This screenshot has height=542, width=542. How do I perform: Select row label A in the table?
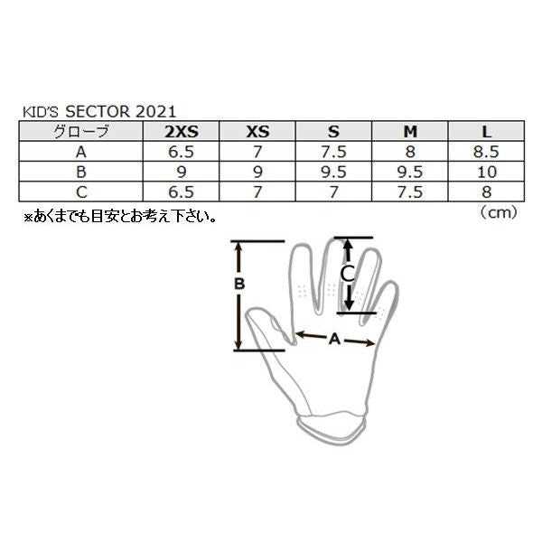pos(82,152)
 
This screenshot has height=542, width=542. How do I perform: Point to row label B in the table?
pos(82,171)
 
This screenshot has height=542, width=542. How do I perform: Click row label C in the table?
pos(82,191)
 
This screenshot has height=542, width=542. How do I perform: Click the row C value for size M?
pos(410,191)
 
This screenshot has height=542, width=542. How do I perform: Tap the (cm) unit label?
pos(495,213)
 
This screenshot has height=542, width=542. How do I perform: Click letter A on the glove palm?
pos(333,340)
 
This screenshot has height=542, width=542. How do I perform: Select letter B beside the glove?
pos(239,284)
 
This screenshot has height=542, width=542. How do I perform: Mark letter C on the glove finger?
pos(345,272)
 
